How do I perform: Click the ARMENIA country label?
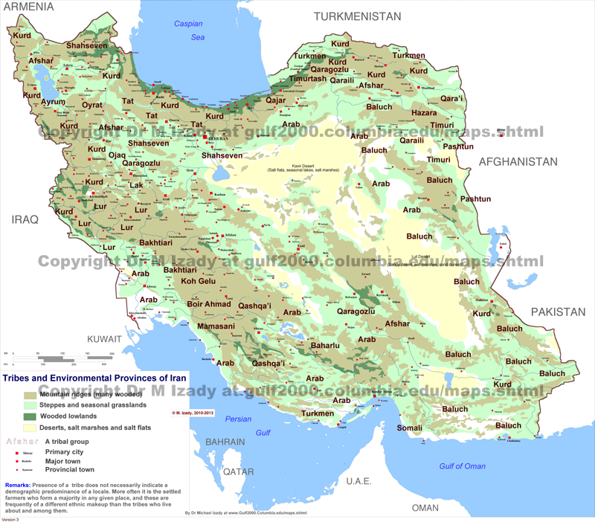coord(27,7)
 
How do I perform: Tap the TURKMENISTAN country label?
coord(357,16)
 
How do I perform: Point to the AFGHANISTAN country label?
coord(518,161)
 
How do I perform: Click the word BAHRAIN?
coord(225,442)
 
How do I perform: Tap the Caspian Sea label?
coord(188,30)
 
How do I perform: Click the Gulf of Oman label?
coord(461,466)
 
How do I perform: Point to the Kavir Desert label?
coord(304,165)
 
